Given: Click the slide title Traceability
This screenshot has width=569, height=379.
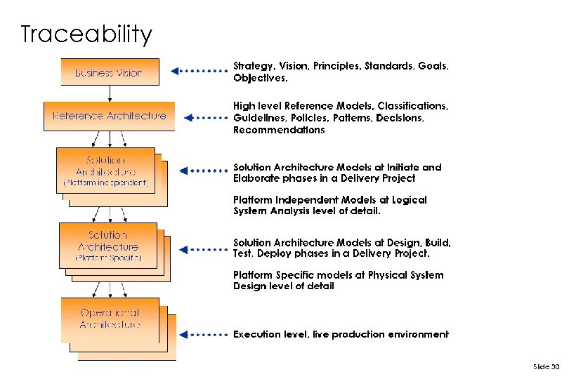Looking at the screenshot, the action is click(86, 34).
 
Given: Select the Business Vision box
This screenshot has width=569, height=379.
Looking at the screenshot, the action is click(109, 72).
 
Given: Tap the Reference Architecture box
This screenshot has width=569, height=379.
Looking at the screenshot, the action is click(109, 116).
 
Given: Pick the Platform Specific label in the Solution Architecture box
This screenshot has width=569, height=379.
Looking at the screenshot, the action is click(108, 258).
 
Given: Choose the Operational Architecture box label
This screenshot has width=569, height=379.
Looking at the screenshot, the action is click(110, 318).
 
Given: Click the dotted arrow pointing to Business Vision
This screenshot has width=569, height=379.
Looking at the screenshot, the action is click(200, 71).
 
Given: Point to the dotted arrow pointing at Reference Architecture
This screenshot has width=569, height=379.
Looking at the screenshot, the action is click(208, 117).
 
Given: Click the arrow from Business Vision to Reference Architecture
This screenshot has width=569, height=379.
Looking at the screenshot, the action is click(110, 94).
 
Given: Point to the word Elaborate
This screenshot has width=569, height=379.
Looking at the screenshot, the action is click(256, 178).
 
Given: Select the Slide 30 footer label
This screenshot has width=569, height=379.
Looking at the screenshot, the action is click(546, 366).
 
